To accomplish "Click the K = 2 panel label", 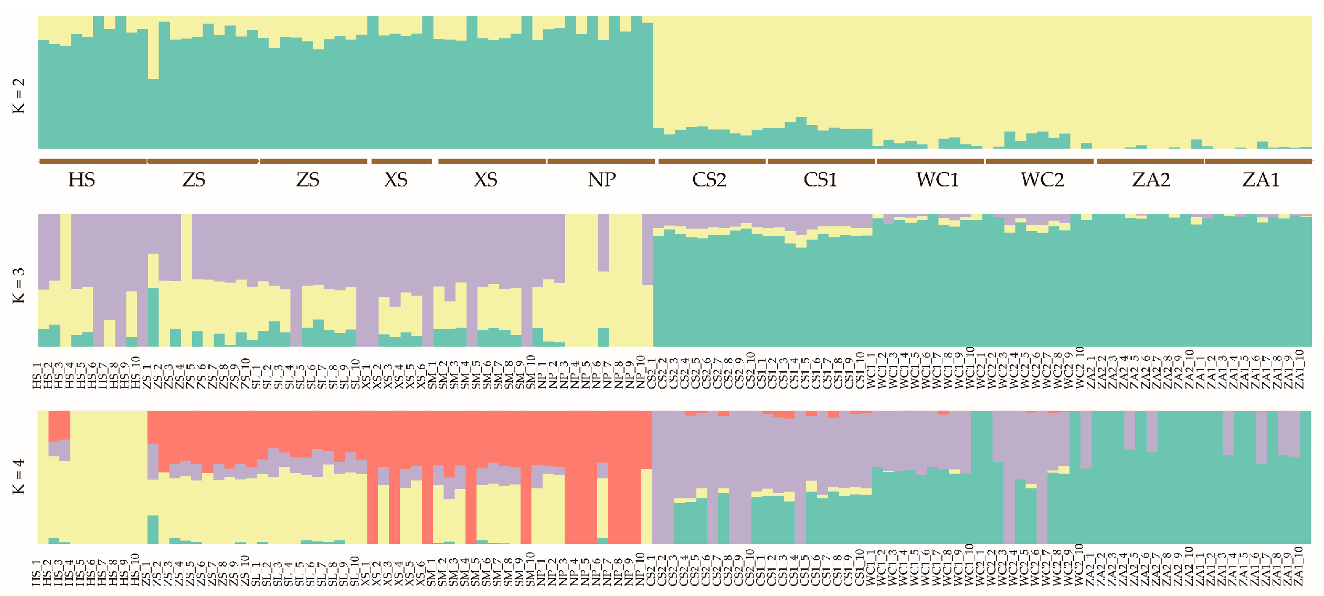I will tap(18, 96).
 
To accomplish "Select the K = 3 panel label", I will tap(18, 286).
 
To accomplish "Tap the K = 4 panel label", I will tap(18, 476).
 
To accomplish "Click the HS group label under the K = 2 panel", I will tap(81, 180).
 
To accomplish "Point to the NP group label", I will tap(601, 180).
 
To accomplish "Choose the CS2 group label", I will tap(709, 180).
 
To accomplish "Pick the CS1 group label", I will tap(820, 180).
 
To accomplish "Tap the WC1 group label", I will tap(937, 180).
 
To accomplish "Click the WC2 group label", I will tap(1042, 180).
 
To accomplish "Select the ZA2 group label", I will tap(1151, 180).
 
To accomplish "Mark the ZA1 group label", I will tap(1261, 180).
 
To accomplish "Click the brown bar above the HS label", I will tap(93, 161).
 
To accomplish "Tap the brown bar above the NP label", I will tap(601, 161).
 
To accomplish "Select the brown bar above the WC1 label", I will tap(930, 161).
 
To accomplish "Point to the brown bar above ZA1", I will tap(1258, 161).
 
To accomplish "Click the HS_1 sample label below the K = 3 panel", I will tap(37, 376).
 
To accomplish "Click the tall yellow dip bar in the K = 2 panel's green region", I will tap(153, 53).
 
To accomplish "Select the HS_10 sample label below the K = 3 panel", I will tap(136, 373).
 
